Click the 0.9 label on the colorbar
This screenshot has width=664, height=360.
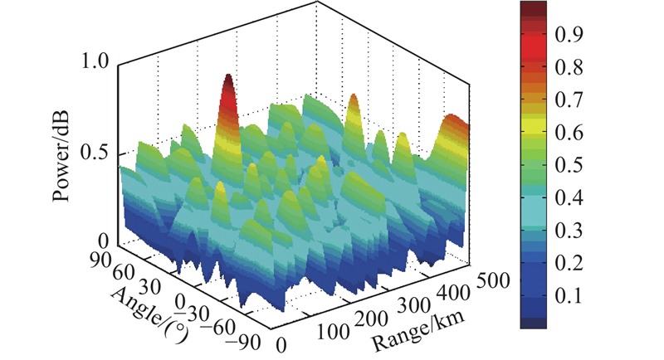[569, 34]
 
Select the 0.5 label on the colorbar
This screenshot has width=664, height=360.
[569, 165]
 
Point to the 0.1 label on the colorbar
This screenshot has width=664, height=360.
[569, 296]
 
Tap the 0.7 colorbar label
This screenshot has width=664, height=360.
[569, 100]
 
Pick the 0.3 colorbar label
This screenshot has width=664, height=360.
[569, 231]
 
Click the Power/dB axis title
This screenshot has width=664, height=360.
[61, 157]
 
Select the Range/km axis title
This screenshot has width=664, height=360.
[417, 331]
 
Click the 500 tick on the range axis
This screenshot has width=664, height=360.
[493, 280]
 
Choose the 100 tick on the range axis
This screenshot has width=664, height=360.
[333, 332]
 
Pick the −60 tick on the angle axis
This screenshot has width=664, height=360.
[217, 327]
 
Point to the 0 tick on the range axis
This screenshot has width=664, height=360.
[281, 345]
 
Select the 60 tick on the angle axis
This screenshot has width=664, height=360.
[123, 273]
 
